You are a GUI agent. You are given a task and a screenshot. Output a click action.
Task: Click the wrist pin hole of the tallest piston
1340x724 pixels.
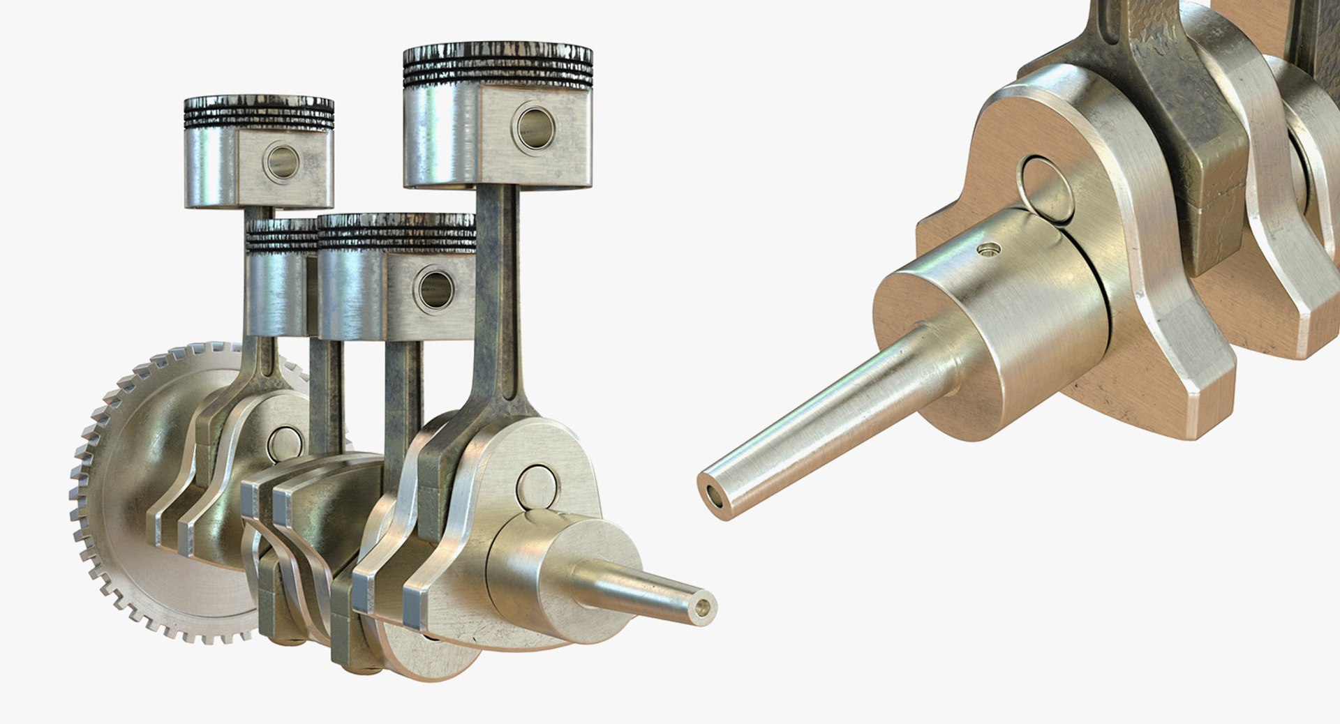(536, 129)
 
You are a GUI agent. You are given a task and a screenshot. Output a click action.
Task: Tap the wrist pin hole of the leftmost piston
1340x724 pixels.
(283, 162)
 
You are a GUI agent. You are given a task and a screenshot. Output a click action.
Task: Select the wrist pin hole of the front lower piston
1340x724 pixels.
(435, 290)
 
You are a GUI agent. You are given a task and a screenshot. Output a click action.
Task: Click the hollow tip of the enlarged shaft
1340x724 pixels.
(715, 496)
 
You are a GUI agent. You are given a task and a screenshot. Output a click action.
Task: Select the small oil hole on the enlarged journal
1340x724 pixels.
(988, 249)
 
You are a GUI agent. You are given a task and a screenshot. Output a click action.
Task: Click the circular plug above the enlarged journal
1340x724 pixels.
(1046, 188)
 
